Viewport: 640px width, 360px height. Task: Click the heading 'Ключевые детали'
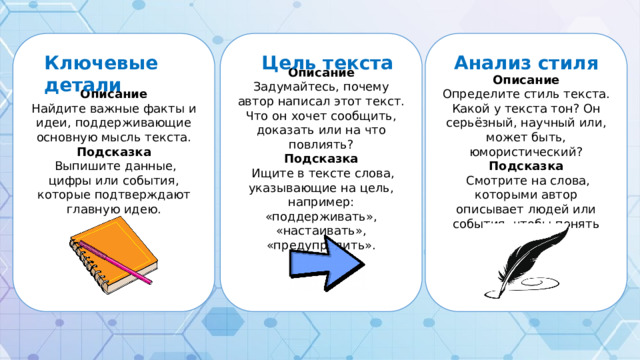pos(101,71)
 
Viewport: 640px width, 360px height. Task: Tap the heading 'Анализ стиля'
pos(526,63)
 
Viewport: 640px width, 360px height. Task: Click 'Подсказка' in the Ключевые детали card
pos(113,151)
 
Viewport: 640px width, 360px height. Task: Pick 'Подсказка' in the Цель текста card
pos(321,158)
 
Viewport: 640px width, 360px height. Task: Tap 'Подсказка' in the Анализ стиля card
pos(526,166)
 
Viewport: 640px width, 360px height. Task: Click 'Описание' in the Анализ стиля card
pos(526,79)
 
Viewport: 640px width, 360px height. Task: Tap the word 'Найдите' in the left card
pos(57,108)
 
